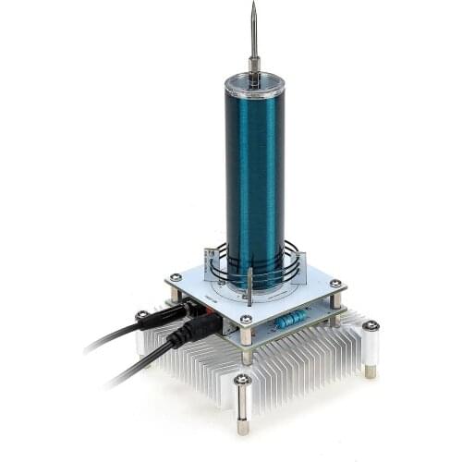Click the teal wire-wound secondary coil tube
pos(254,176)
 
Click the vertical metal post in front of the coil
pos(250,286)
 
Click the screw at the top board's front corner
pos(246,321)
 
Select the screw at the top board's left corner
pos(175,276)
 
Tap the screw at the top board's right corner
pos(335,284)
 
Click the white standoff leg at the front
pos(243,403)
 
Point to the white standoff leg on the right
pos(371,346)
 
